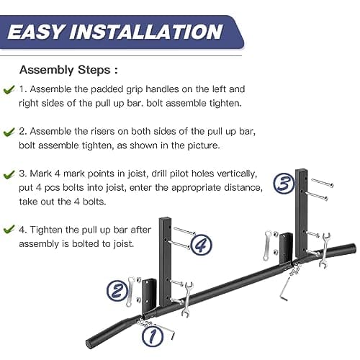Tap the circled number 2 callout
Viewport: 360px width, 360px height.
pos(117,291)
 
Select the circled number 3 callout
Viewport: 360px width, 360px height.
pos(283,184)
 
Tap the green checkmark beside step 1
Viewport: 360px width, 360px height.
pos(9,91)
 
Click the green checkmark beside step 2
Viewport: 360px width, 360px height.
pos(9,132)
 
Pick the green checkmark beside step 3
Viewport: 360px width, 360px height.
pos(9,174)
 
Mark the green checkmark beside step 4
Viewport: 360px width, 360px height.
pos(9,230)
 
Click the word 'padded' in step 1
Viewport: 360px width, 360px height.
pos(104,91)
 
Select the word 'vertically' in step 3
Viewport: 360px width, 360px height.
pos(230,174)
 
